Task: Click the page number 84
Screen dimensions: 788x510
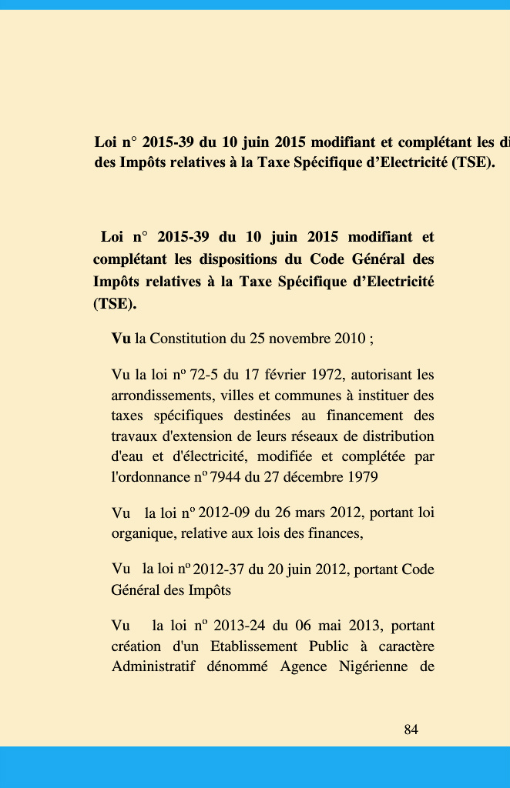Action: pyautogui.click(x=411, y=730)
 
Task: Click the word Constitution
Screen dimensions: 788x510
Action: pyautogui.click(x=188, y=339)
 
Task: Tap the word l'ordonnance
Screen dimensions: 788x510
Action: pyautogui.click(x=150, y=477)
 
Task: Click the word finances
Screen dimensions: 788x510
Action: pyautogui.click(x=335, y=533)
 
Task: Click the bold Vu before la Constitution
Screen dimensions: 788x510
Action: pyautogui.click(x=121, y=339)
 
